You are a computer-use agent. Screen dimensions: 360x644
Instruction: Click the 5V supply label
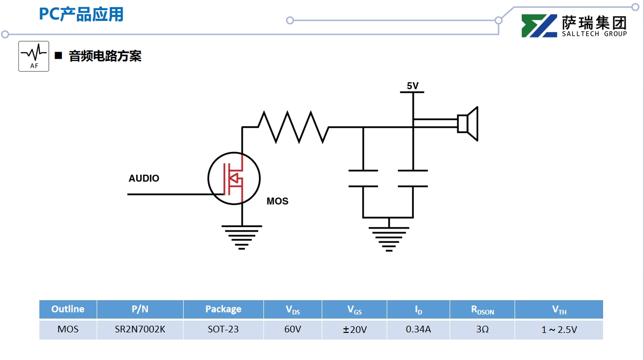coord(413,86)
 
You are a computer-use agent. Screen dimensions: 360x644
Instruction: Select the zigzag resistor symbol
coord(293,127)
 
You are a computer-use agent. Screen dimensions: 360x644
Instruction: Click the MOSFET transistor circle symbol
coord(234,178)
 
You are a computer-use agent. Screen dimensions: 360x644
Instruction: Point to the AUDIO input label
coord(144,178)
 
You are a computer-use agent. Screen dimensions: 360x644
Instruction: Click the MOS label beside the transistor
coord(277,201)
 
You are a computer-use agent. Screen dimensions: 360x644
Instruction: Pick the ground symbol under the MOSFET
coord(242,236)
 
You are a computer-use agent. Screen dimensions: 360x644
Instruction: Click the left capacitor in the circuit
coord(363,178)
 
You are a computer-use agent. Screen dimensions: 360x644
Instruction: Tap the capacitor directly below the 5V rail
coord(413,178)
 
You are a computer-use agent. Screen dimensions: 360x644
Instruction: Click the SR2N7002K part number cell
coord(140,329)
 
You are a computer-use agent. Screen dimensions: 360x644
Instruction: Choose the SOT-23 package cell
coord(223,329)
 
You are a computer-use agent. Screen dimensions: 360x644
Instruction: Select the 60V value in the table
coord(293,329)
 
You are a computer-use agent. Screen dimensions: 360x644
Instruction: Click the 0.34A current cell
coord(418,329)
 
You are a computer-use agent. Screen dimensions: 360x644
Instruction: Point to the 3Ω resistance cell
coord(482,329)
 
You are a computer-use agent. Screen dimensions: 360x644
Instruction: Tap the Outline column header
coord(68,309)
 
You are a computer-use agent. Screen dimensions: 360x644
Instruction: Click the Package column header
coord(223,309)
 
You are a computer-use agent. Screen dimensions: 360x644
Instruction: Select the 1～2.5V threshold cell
coord(559,330)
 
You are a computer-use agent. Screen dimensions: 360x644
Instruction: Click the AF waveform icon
coord(34,56)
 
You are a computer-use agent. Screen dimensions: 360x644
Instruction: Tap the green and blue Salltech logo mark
coord(539,26)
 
